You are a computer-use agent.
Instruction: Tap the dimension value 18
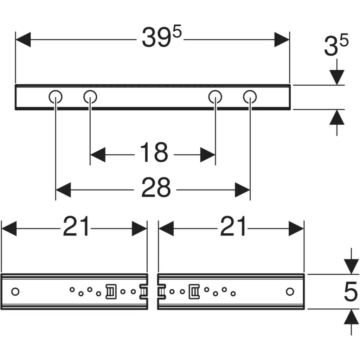coord(154,152)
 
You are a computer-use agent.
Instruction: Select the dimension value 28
coord(156,187)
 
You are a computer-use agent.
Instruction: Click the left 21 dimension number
coord(76,226)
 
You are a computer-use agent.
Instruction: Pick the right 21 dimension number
coord(233,226)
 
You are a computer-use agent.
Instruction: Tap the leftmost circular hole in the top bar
coord(55,97)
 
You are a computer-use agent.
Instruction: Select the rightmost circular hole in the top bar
coord(250,97)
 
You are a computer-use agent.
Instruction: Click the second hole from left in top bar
coord(90,97)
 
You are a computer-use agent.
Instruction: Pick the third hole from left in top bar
coord(216,97)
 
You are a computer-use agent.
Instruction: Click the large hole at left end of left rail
coord(15,292)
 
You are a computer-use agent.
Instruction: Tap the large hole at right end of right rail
coord(290,291)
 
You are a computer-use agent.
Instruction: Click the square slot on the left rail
coord(111,291)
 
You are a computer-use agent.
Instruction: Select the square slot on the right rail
coord(194,291)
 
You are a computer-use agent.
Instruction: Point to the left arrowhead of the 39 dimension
coord(23,40)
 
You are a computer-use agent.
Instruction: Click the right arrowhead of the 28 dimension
coord(243,190)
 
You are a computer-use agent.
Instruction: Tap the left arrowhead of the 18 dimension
coord(98,155)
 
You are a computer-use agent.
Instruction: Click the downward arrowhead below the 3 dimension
coord(337,77)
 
